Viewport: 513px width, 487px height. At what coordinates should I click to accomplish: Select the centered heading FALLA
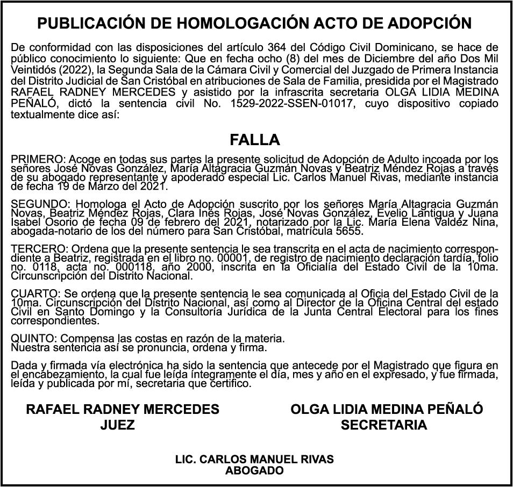pos(255,140)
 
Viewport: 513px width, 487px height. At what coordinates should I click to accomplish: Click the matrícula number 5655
pos(352,232)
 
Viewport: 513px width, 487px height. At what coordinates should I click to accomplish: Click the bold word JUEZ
pos(117,425)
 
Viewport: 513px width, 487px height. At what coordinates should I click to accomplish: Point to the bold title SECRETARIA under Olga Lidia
pos(384,425)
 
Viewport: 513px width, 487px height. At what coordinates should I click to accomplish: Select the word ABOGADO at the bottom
pos(254,471)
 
